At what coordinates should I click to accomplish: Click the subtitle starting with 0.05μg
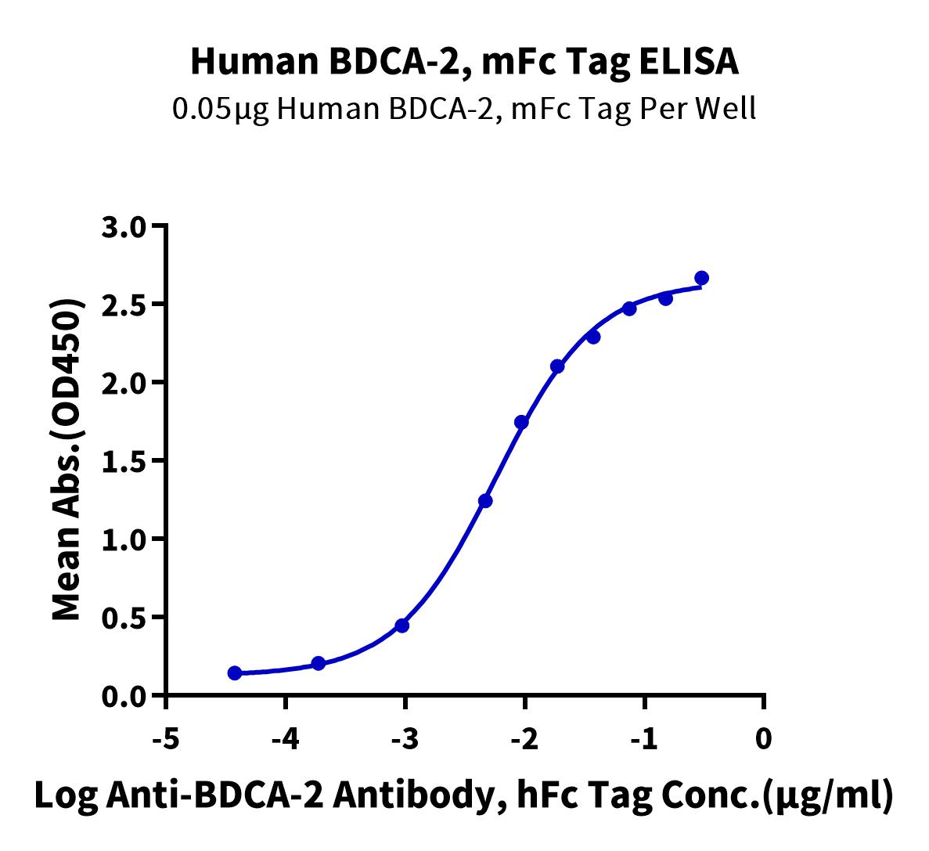click(464, 108)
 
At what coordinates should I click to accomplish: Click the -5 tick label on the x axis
click(166, 738)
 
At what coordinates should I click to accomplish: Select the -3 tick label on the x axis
click(405, 738)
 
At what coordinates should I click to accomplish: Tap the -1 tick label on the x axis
click(643, 738)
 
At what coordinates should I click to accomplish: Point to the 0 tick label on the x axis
click(764, 738)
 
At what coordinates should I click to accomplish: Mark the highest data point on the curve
click(701, 278)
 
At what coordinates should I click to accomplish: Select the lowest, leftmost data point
click(235, 673)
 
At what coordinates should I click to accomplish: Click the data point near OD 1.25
click(485, 501)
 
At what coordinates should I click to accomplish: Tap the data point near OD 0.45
click(402, 626)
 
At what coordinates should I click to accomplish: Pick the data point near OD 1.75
click(521, 423)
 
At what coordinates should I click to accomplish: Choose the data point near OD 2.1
click(557, 366)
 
